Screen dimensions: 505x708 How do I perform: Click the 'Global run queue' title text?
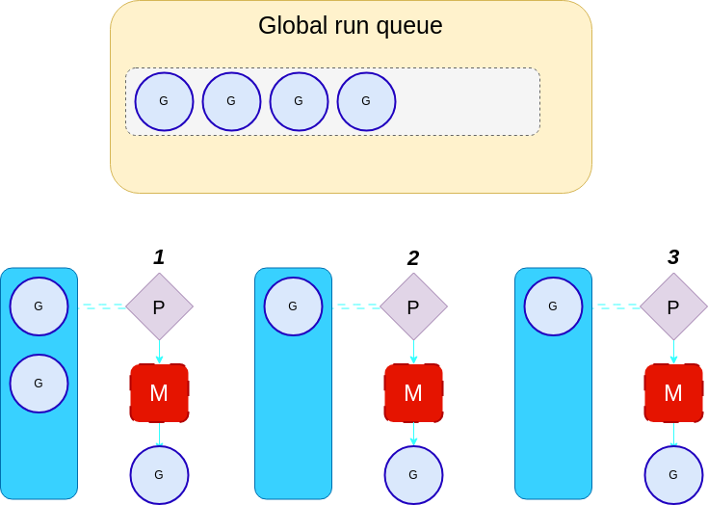pyautogui.click(x=350, y=26)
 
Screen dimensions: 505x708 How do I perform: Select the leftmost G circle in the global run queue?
pyautogui.click(x=164, y=101)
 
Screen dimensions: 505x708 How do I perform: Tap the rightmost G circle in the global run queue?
pyautogui.click(x=366, y=101)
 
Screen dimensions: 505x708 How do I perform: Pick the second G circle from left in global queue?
pyautogui.click(x=231, y=101)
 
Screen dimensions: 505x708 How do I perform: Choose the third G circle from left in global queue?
pyautogui.click(x=299, y=101)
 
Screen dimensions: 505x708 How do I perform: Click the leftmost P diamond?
pyautogui.click(x=159, y=306)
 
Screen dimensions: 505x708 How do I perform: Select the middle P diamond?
pyautogui.click(x=413, y=306)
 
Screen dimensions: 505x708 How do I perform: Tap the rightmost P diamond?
pyautogui.click(x=673, y=306)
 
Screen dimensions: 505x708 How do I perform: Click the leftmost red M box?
pyautogui.click(x=159, y=393)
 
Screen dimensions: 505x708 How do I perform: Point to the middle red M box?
pyautogui.click(x=413, y=393)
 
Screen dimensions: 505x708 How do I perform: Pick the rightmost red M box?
pyautogui.click(x=673, y=393)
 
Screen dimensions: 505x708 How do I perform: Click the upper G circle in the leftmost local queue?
pyautogui.click(x=39, y=306)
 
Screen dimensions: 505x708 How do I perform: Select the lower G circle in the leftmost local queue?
pyautogui.click(x=39, y=383)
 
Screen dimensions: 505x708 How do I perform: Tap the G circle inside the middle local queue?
pyautogui.click(x=293, y=306)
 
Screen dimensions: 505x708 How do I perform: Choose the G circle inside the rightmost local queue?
pyautogui.click(x=553, y=306)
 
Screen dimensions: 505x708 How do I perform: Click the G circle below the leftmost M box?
pyautogui.click(x=159, y=475)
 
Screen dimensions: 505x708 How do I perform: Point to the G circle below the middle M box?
pyautogui.click(x=413, y=475)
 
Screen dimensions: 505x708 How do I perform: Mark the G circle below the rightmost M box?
pyautogui.click(x=673, y=475)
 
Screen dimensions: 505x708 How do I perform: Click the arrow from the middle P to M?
pyautogui.click(x=413, y=352)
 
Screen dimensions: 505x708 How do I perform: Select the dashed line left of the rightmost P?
pyautogui.click(x=616, y=306)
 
